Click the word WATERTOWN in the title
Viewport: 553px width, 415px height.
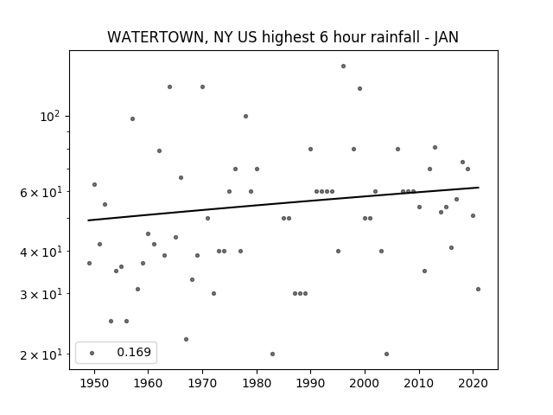click(x=155, y=37)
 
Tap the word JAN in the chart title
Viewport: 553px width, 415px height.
click(x=446, y=37)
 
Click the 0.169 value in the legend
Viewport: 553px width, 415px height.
click(x=134, y=352)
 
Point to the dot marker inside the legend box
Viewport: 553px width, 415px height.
click(x=92, y=353)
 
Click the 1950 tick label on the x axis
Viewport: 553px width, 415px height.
click(x=94, y=383)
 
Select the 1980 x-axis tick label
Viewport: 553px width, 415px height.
click(x=257, y=383)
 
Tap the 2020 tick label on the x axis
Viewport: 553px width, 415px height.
click(x=474, y=383)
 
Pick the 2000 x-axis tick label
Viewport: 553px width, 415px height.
click(x=365, y=383)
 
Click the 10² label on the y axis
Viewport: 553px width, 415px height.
click(x=50, y=116)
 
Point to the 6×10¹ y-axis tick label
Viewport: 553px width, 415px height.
click(x=41, y=192)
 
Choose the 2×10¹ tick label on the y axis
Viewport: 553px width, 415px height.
click(x=41, y=354)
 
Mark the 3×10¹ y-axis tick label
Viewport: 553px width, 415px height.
click(x=41, y=294)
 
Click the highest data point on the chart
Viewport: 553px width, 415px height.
click(x=344, y=66)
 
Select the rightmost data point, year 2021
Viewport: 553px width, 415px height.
click(x=478, y=289)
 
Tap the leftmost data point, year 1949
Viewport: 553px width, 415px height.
click(x=89, y=263)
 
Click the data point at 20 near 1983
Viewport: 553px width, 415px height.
click(x=273, y=354)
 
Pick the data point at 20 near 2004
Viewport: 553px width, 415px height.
click(x=386, y=354)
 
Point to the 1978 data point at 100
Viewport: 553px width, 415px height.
click(x=245, y=116)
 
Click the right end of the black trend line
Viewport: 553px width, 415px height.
click(x=479, y=188)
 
